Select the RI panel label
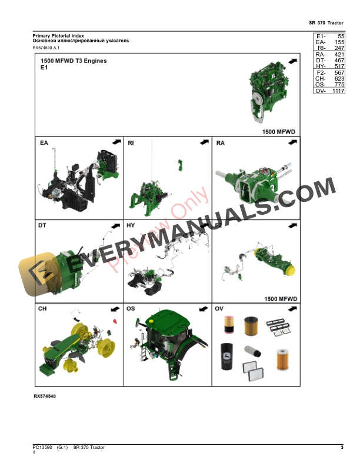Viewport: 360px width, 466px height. (131, 143)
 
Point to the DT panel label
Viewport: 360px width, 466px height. (42, 225)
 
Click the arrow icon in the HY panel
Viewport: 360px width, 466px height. (204, 225)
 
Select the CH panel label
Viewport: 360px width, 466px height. (42, 308)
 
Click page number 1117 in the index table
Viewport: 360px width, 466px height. (338, 91)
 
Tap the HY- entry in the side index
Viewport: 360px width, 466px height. (321, 66)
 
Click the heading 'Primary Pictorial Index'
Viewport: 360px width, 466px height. (58, 36)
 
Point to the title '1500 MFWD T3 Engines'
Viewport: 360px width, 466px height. (74, 61)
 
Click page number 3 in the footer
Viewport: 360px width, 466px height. (342, 448)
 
